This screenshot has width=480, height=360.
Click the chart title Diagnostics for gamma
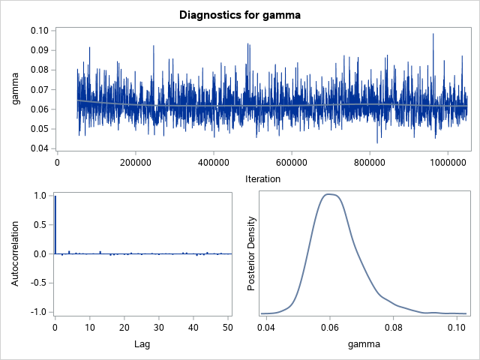239,14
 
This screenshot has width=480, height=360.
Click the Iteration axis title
262,178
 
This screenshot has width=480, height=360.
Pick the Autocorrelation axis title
16,253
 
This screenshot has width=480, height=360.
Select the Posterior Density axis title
253,253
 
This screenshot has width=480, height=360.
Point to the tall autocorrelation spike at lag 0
55,225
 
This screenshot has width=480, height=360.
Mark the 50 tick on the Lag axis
228,327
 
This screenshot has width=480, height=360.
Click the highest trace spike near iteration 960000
433,34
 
